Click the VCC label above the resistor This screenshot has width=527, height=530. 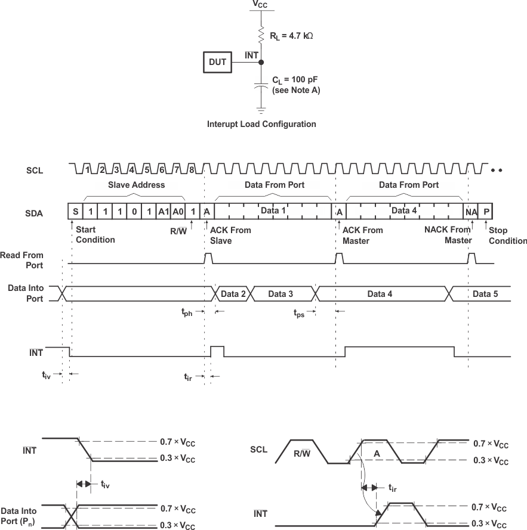260,5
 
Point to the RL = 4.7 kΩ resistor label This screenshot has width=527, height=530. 292,36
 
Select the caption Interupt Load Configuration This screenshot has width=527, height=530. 261,124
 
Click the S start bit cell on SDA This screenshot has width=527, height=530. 76,212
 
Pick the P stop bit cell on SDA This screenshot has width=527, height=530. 486,212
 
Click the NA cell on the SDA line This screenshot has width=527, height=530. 470,212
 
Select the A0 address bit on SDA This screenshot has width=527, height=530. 178,212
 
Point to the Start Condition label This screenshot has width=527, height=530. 95,235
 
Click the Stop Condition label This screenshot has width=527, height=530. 507,235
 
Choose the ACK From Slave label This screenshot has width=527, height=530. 230,235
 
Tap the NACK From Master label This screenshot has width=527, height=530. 448,235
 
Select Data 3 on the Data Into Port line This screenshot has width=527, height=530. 281,294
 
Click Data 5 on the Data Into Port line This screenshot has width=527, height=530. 485,294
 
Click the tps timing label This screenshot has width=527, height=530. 299,312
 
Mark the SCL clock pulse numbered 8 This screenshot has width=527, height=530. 191,170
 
